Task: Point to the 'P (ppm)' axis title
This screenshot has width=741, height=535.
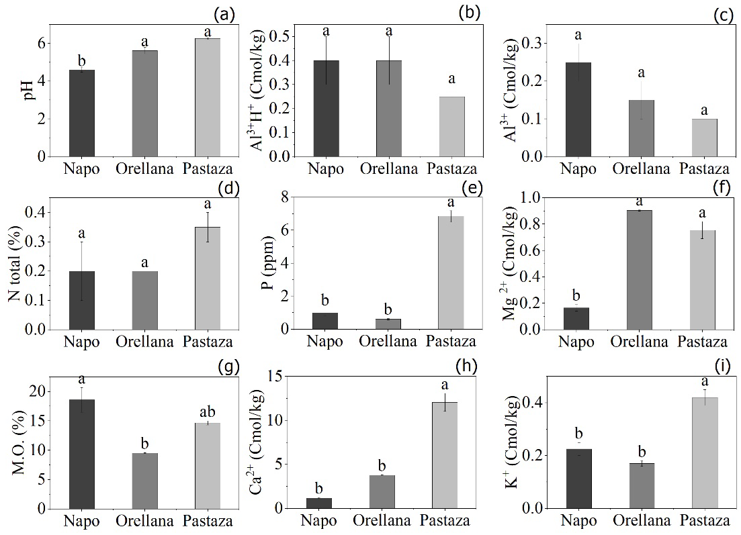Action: point(267,263)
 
